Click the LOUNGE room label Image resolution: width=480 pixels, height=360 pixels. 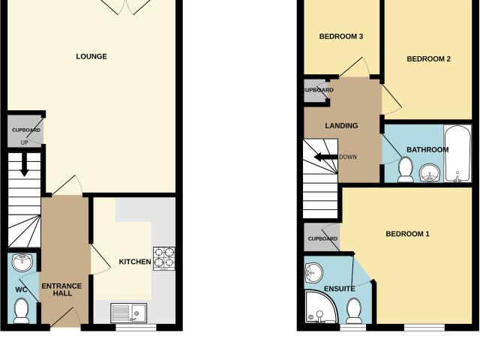[91, 56]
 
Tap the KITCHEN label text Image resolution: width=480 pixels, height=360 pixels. [135, 262]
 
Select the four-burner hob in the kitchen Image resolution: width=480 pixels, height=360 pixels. [164, 258]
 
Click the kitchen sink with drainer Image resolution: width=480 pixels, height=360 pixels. [128, 313]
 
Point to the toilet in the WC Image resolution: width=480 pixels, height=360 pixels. [22, 310]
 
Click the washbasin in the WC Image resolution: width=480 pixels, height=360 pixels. [22, 262]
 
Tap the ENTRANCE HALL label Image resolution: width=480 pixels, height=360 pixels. [61, 289]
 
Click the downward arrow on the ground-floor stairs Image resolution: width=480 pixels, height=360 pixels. [24, 165]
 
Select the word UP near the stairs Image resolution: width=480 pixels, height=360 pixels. [24, 142]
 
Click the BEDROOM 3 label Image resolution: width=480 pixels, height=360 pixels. [341, 37]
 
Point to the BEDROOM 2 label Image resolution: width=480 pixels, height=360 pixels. [428, 58]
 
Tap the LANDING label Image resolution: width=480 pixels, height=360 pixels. [341, 125]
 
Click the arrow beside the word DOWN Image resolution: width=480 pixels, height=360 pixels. [325, 157]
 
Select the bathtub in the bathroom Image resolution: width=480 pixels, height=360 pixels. [457, 154]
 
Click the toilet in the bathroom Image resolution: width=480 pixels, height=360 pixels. [405, 169]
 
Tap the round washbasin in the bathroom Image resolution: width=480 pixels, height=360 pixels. [430, 172]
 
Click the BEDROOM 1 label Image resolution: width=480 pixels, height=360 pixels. [407, 234]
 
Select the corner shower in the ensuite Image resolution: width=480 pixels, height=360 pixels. [322, 307]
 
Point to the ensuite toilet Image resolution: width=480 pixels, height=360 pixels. [353, 310]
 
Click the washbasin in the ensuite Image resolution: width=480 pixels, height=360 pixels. [313, 272]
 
